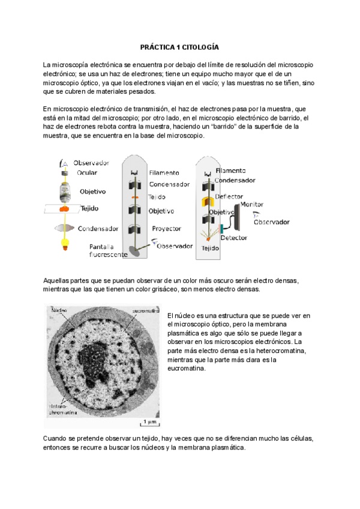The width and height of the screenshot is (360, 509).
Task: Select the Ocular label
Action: pos(87,172)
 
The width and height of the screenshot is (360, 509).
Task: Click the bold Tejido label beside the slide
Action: pos(89,209)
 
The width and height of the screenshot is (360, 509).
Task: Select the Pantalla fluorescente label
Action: pos(108,250)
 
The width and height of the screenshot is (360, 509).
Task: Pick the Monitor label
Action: pos(252,205)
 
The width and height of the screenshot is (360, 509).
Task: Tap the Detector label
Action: pos(233,238)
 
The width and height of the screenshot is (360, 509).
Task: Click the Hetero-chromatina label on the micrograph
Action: pos(58,409)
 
